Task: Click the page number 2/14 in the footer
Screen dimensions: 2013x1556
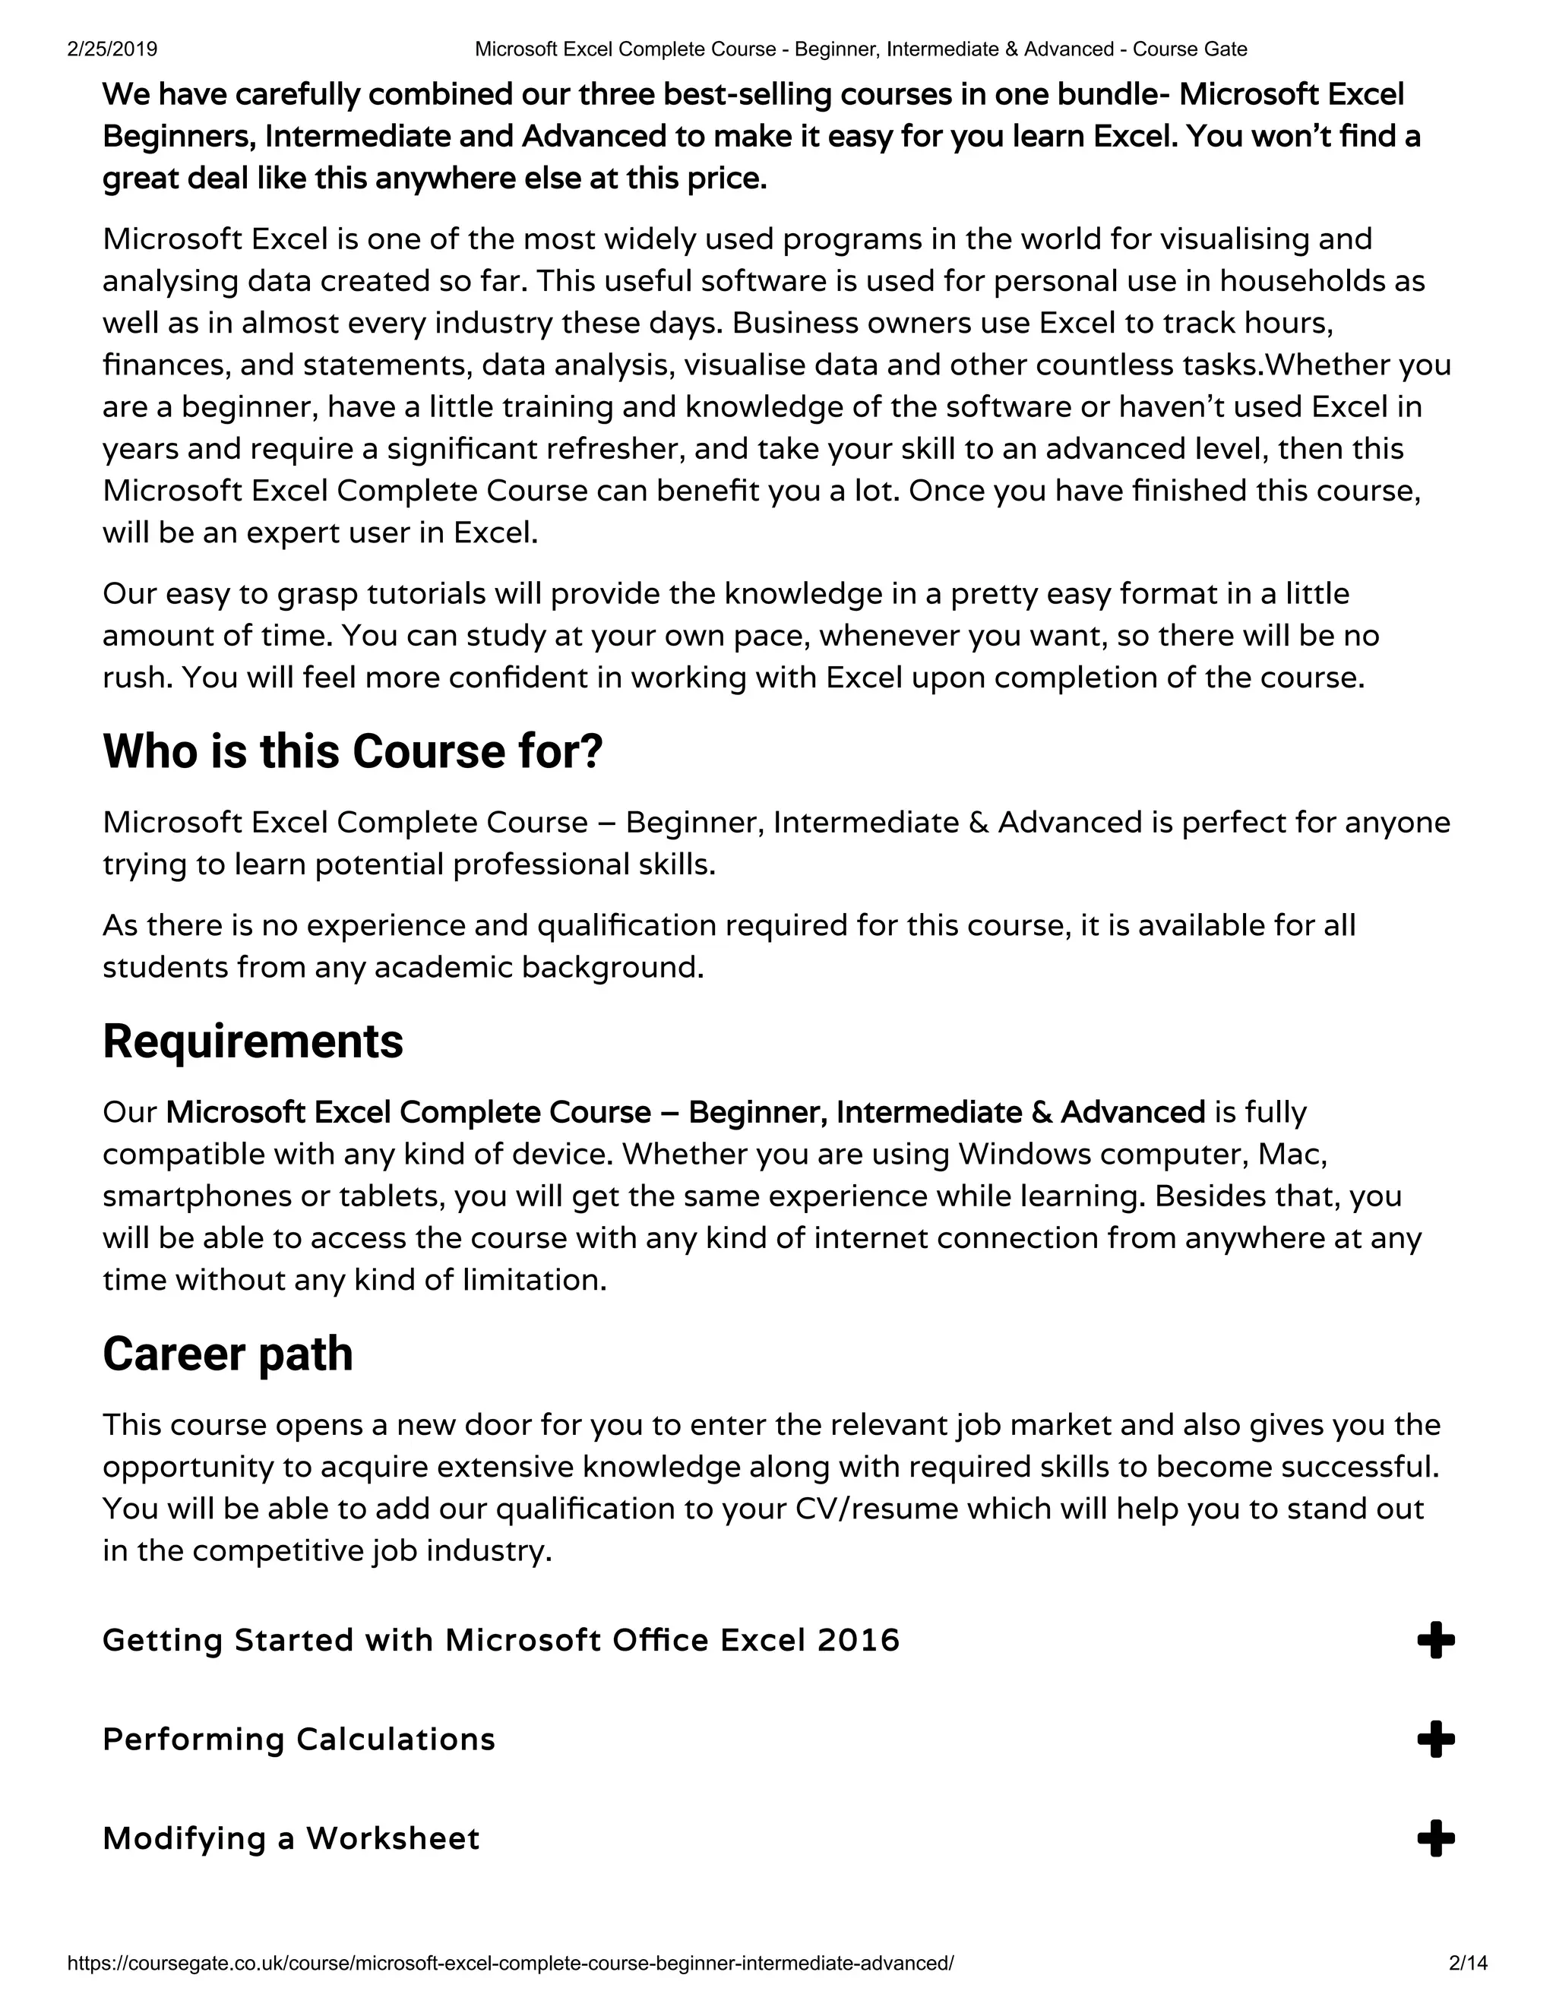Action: click(x=1469, y=1963)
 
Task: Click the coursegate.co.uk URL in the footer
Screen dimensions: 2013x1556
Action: click(x=510, y=1963)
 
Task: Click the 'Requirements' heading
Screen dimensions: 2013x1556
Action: click(x=252, y=1042)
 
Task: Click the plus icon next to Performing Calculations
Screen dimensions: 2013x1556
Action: click(x=1435, y=1740)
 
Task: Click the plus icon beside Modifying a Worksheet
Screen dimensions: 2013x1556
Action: click(x=1435, y=1839)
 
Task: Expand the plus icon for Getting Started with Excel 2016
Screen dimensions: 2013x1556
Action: click(x=1435, y=1641)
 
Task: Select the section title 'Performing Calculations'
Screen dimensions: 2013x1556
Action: click(x=299, y=1740)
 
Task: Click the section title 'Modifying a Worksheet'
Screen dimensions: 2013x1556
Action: click(x=291, y=1839)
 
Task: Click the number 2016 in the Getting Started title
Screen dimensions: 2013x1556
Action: click(x=859, y=1641)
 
